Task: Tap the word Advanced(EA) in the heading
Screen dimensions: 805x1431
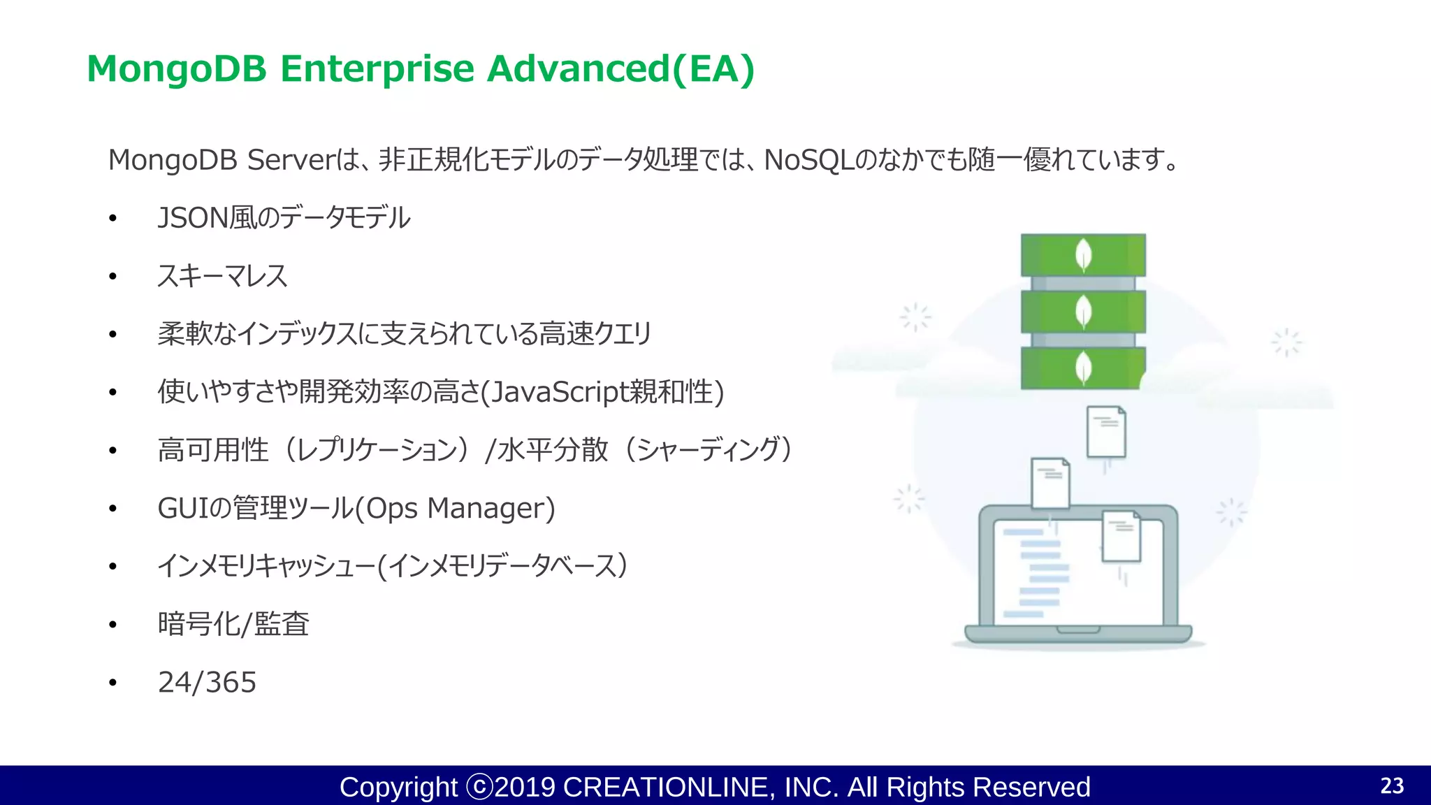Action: (x=620, y=69)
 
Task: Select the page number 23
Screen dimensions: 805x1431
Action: (x=1392, y=786)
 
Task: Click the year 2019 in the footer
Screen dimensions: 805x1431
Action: (x=525, y=788)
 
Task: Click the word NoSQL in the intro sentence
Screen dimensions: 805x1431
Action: (x=809, y=160)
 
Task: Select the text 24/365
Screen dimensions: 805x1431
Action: (x=207, y=683)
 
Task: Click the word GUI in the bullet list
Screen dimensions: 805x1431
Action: (x=183, y=509)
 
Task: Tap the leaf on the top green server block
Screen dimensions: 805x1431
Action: (x=1083, y=255)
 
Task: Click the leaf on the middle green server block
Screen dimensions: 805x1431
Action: (x=1083, y=312)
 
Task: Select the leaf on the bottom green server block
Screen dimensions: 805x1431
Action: (x=1083, y=368)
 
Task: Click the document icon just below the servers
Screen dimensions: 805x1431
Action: (x=1106, y=432)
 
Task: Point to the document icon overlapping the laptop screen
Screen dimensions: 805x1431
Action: (x=1121, y=536)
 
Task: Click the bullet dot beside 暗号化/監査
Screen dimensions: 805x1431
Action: (x=112, y=625)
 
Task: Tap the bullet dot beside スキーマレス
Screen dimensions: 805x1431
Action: (x=112, y=277)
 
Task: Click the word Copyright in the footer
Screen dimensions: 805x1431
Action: (x=398, y=788)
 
